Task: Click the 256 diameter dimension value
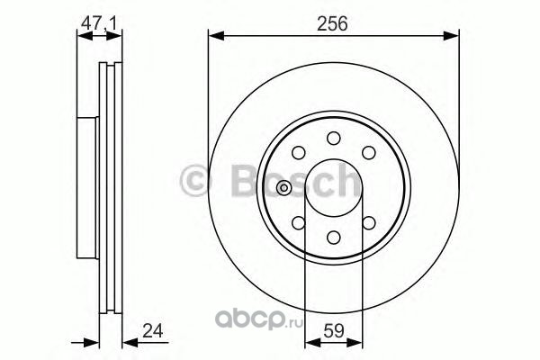332,23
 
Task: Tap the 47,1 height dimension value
99,23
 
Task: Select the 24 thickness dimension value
152,330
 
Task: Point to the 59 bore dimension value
334,330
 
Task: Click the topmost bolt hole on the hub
334,138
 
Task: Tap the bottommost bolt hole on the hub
334,238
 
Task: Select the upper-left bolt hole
299,153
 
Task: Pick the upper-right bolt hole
369,153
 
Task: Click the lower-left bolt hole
299,223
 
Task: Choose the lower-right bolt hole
369,223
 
